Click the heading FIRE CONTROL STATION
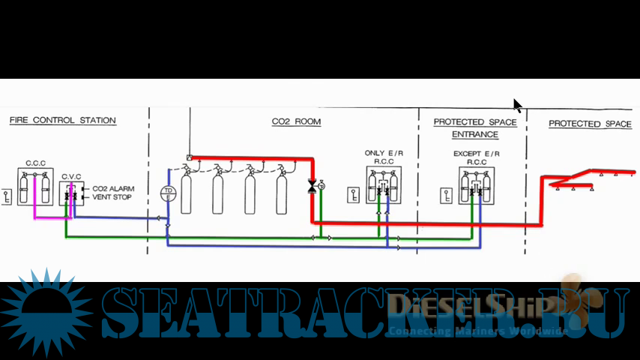62,120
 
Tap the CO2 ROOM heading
296,121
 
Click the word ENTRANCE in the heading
475,135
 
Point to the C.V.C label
72,177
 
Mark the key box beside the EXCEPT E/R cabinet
447,196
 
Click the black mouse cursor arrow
517,106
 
